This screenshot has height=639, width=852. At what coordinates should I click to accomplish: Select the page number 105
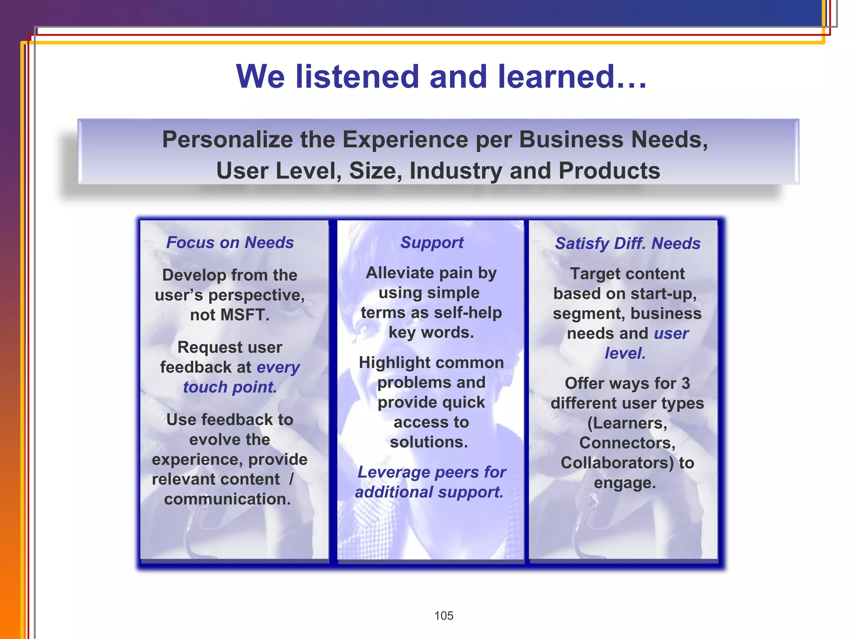pos(443,616)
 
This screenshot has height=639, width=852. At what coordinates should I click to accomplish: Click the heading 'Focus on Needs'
pos(230,243)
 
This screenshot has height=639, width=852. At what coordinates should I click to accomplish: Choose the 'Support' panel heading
pos(432,243)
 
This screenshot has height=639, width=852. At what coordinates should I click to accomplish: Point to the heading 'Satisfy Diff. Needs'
pos(628,243)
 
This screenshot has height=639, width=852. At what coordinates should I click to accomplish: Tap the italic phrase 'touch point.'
pos(230,387)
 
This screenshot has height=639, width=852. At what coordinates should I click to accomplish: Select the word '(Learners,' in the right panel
pos(627,423)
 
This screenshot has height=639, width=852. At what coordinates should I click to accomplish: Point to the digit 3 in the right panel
pos(685,384)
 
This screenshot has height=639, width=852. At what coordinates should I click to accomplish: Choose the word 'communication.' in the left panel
pos(228,499)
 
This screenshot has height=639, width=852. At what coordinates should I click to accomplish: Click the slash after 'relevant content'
pos(291,479)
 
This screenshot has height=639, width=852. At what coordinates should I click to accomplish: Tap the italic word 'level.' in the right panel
pos(625,353)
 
